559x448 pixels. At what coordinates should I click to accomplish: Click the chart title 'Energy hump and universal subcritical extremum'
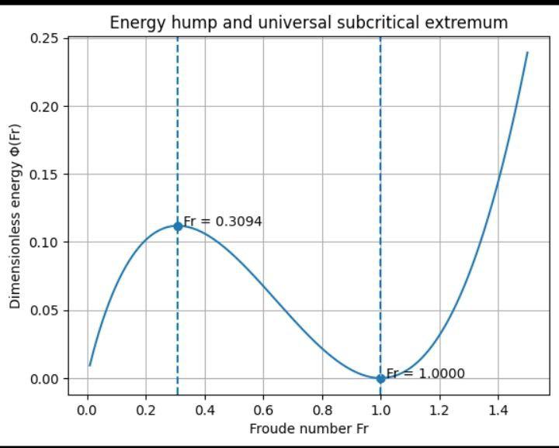pos(308,22)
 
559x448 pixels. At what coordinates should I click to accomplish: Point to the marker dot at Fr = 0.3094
pos(178,226)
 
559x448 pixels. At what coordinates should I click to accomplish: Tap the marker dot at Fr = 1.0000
pos(380,378)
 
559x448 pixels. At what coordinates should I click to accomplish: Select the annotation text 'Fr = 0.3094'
pos(223,222)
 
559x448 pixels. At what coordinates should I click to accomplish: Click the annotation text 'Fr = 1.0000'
pos(425,374)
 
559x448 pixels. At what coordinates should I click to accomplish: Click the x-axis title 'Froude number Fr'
pos(308,429)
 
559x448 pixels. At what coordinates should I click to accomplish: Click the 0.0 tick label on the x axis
pos(87,409)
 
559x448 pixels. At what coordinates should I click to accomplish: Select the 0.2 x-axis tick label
pos(146,409)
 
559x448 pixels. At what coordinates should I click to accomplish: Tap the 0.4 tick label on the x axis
pos(204,409)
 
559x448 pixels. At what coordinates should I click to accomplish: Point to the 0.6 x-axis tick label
pos(263,409)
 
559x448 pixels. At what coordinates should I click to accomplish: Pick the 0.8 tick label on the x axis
pos(322,409)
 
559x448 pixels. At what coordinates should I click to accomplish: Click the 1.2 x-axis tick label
pos(439,409)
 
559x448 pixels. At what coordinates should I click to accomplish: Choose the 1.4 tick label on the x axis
pos(498,409)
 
